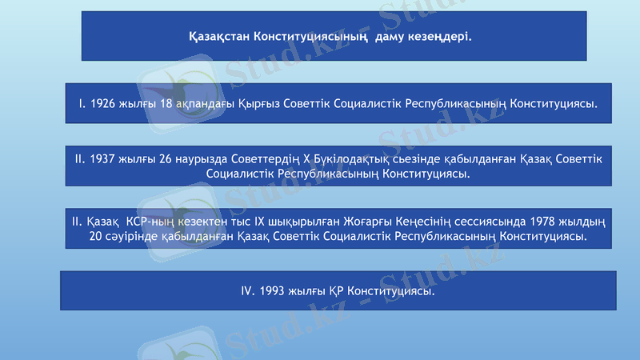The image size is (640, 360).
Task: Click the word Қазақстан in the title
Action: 218,37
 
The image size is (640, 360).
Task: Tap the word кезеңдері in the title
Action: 442,37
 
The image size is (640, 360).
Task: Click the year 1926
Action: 104,104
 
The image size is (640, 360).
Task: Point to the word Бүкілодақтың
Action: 350,159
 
